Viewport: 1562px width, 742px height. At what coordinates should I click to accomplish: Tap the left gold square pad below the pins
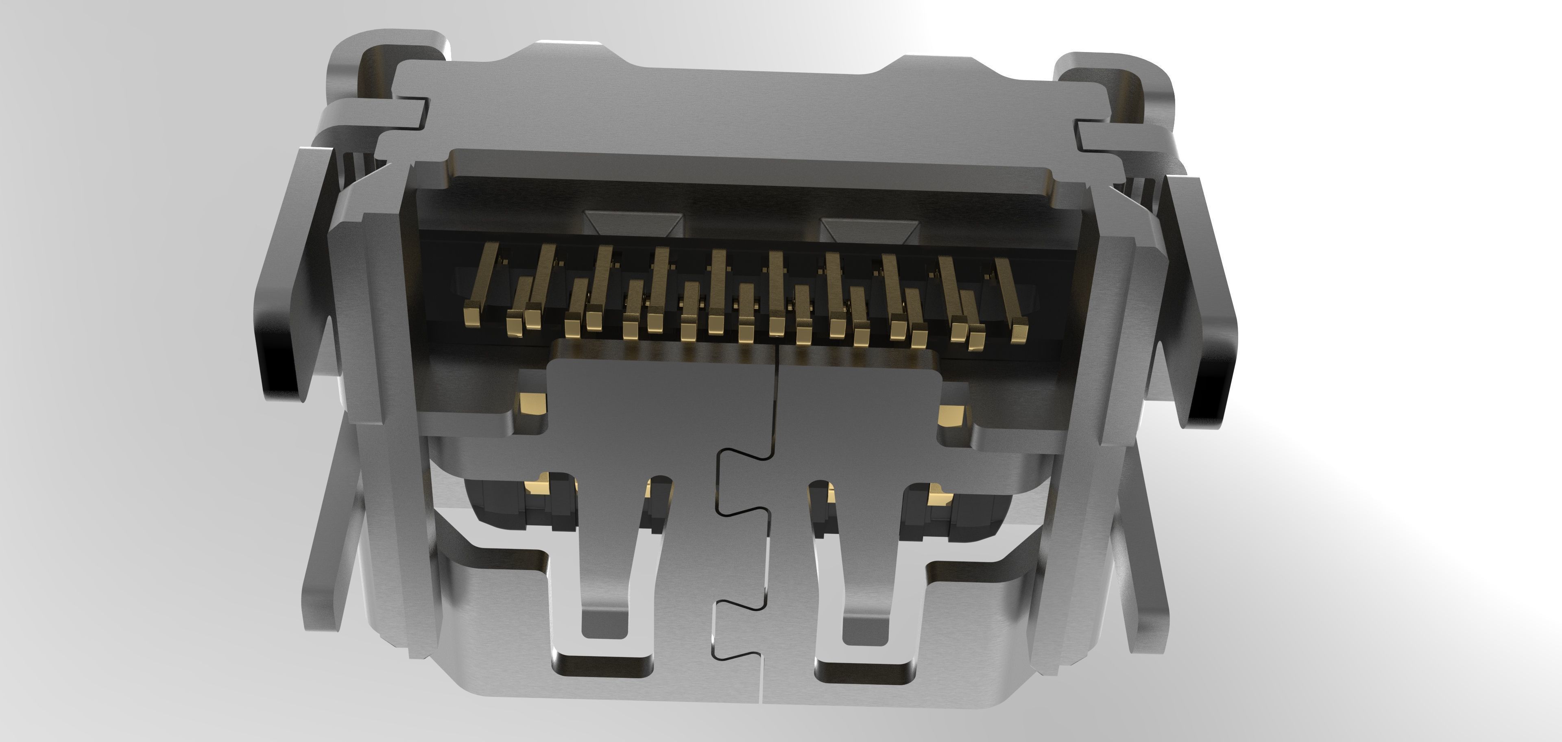[x=532, y=402]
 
